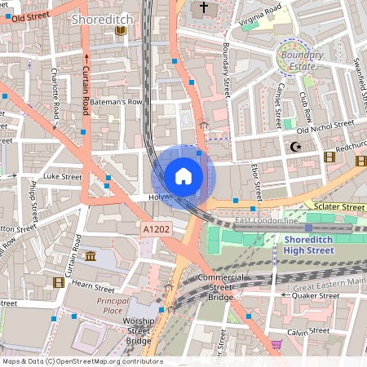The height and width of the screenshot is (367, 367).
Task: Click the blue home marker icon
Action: coord(183,176)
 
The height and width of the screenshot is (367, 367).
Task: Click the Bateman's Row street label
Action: coord(116,102)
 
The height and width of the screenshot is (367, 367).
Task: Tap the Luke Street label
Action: coord(63,175)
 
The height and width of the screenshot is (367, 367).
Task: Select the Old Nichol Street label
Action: coord(325,126)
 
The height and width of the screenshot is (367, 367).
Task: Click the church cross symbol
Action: coord(201,8)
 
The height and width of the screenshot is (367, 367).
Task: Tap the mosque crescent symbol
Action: coord(295,148)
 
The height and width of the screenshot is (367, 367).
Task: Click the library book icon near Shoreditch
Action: coord(121,30)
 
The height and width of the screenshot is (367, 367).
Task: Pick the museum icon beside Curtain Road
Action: coord(89,258)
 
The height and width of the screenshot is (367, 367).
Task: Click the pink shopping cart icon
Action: coord(276,344)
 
